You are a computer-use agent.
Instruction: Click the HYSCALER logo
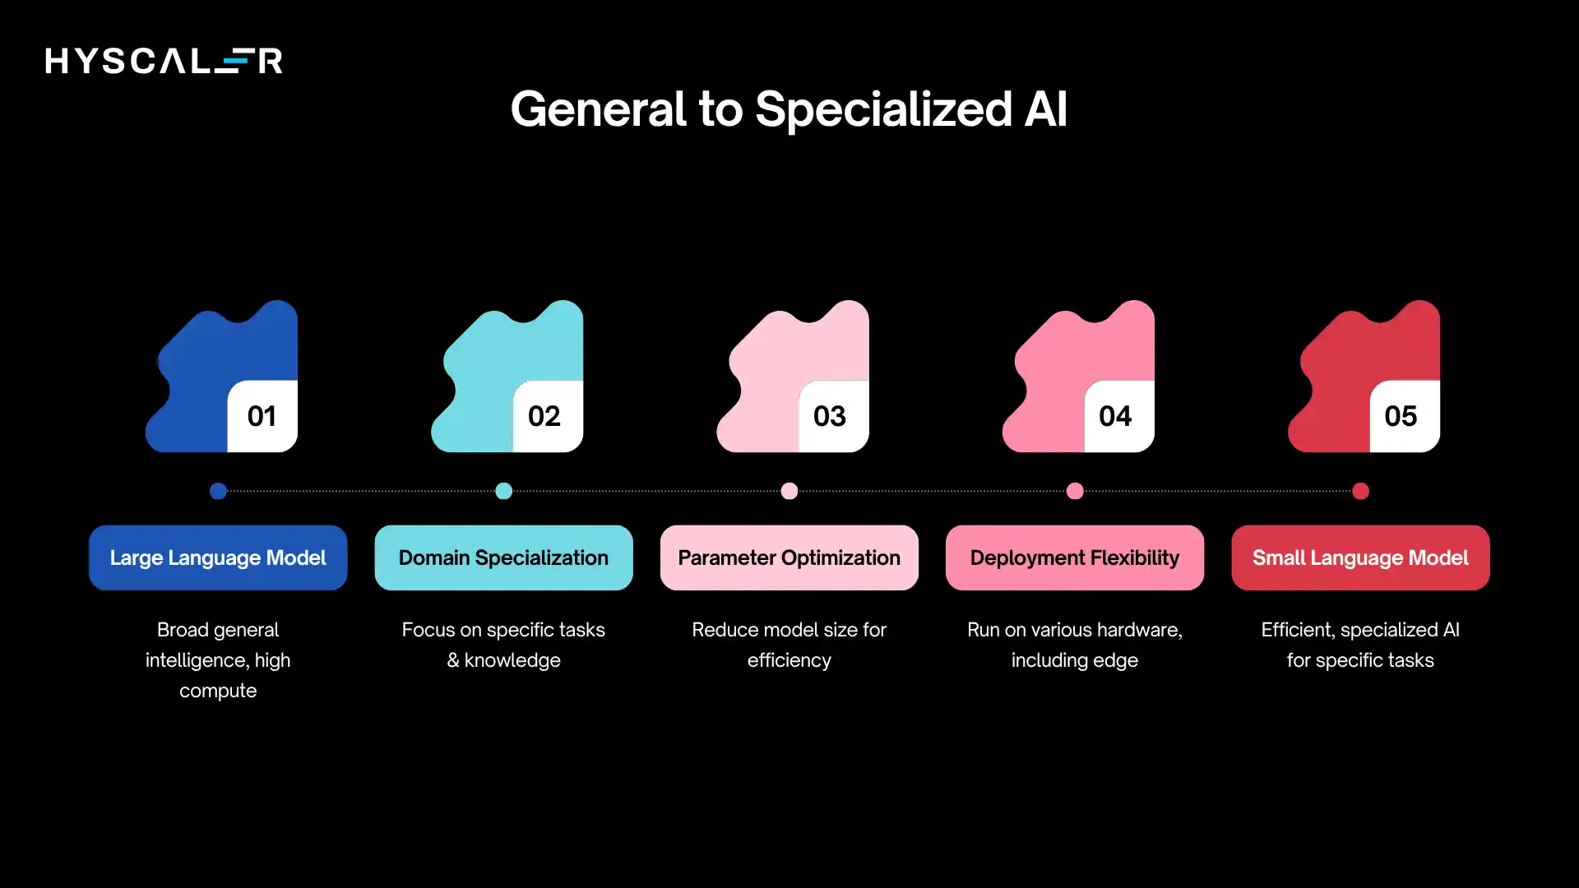click(x=164, y=61)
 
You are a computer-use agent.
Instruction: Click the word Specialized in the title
click(x=883, y=109)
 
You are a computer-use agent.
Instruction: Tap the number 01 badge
click(x=262, y=416)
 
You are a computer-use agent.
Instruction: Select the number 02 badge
click(x=548, y=416)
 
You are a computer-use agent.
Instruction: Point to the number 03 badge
click(x=833, y=416)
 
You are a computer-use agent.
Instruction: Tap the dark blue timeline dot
click(x=218, y=491)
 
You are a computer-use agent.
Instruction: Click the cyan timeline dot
click(x=504, y=491)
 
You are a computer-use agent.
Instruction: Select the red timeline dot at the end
click(x=1361, y=491)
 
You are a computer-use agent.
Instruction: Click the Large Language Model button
click(x=218, y=557)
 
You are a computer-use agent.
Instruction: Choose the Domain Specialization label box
click(x=504, y=557)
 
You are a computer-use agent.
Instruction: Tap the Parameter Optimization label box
click(x=789, y=557)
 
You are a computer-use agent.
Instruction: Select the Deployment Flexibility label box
click(x=1075, y=557)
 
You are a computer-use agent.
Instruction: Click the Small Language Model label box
click(x=1361, y=557)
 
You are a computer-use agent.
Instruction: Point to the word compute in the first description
click(x=218, y=691)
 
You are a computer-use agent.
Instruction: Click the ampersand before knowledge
click(x=453, y=660)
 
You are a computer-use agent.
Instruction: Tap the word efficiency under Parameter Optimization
click(x=789, y=661)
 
